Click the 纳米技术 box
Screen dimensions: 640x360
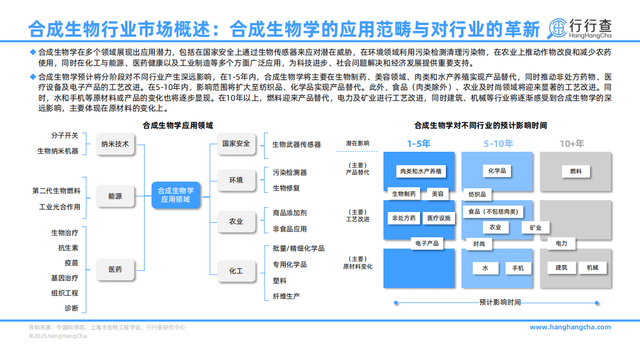point(115,144)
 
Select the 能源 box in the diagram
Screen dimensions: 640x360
point(115,196)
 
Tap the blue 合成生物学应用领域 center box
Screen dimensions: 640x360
point(175,195)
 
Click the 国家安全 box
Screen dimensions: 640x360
point(236,144)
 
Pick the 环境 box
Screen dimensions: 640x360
point(236,180)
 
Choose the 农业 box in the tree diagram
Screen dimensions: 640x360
point(236,221)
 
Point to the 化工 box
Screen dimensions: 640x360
point(236,271)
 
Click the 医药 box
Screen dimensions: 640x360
point(115,270)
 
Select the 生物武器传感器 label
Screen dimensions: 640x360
point(296,144)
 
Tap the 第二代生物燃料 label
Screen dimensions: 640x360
point(56,190)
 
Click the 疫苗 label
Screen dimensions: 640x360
point(72,263)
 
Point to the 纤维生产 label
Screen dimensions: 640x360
point(286,296)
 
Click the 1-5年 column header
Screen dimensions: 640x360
point(418,144)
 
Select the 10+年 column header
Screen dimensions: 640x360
point(572,144)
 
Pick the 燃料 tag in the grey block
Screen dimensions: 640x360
point(575,171)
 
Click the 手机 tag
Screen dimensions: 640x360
point(518,268)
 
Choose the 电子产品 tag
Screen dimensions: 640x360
point(427,243)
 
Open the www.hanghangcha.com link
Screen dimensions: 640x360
point(570,327)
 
